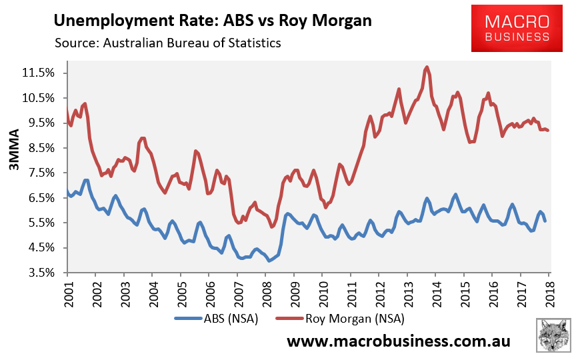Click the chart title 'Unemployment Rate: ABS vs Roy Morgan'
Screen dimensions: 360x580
pos(212,21)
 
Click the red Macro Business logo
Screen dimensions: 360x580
pos(517,27)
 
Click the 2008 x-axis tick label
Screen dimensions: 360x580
pos(265,291)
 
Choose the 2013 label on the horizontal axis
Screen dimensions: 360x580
pos(407,291)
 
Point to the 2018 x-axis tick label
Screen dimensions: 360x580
pos(549,291)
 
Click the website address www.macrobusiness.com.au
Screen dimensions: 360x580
pos(399,341)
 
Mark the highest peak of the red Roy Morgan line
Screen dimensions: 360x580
pos(427,67)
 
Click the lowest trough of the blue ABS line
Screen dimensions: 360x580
pos(269,261)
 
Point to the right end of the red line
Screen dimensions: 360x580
pos(548,130)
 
